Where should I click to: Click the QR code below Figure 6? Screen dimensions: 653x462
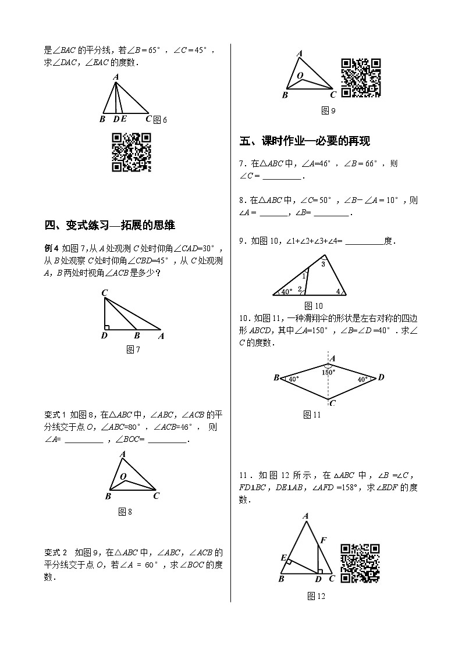pyautogui.click(x=131, y=152)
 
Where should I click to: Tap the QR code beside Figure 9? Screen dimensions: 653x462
pyautogui.click(x=361, y=77)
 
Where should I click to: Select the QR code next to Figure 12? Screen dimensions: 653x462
pyautogui.click(x=360, y=563)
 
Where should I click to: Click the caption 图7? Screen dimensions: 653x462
pyautogui.click(x=133, y=349)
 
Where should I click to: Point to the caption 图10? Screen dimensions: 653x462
pyautogui.click(x=314, y=306)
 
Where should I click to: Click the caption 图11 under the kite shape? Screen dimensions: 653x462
pyautogui.click(x=312, y=415)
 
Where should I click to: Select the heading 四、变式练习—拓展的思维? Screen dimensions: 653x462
pyautogui.click(x=110, y=226)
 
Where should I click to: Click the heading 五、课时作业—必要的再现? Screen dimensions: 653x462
pyautogui.click(x=304, y=141)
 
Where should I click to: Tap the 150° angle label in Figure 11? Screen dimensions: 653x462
pyautogui.click(x=328, y=372)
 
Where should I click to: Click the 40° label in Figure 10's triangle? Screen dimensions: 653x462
pyautogui.click(x=287, y=291)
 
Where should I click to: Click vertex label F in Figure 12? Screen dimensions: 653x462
pyautogui.click(x=323, y=540)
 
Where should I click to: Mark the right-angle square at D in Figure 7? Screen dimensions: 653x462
pyautogui.click(x=106, y=327)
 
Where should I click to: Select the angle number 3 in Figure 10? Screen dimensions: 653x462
pyautogui.click(x=324, y=265)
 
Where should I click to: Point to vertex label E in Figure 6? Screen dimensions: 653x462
pyautogui.click(x=124, y=119)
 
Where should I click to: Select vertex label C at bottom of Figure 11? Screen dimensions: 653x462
pyautogui.click(x=332, y=403)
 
